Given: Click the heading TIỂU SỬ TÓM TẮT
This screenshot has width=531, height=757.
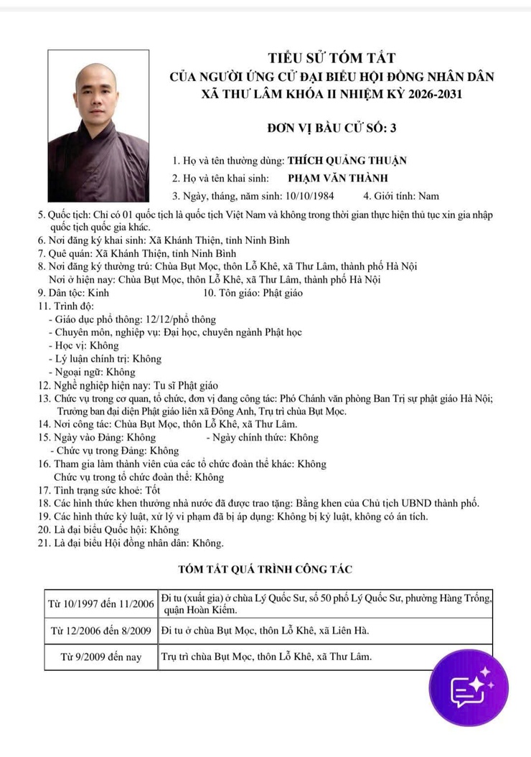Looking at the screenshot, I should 332,58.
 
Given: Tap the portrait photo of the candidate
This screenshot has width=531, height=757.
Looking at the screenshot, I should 98,126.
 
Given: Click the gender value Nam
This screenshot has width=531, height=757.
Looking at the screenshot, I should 428,195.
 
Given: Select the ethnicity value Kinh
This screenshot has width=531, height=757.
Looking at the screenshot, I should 98,293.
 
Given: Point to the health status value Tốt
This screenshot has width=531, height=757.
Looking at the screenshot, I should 153,490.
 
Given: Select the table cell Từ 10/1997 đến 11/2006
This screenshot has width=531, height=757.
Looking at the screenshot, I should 101,603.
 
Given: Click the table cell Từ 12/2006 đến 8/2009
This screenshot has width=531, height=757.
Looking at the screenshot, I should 101,631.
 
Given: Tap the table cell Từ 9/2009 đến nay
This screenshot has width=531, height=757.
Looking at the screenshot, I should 101,657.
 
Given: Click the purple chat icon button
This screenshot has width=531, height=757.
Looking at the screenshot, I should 469,687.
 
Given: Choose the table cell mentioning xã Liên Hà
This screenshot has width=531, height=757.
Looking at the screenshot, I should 325,631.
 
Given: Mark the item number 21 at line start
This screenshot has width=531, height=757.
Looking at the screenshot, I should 44,542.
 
